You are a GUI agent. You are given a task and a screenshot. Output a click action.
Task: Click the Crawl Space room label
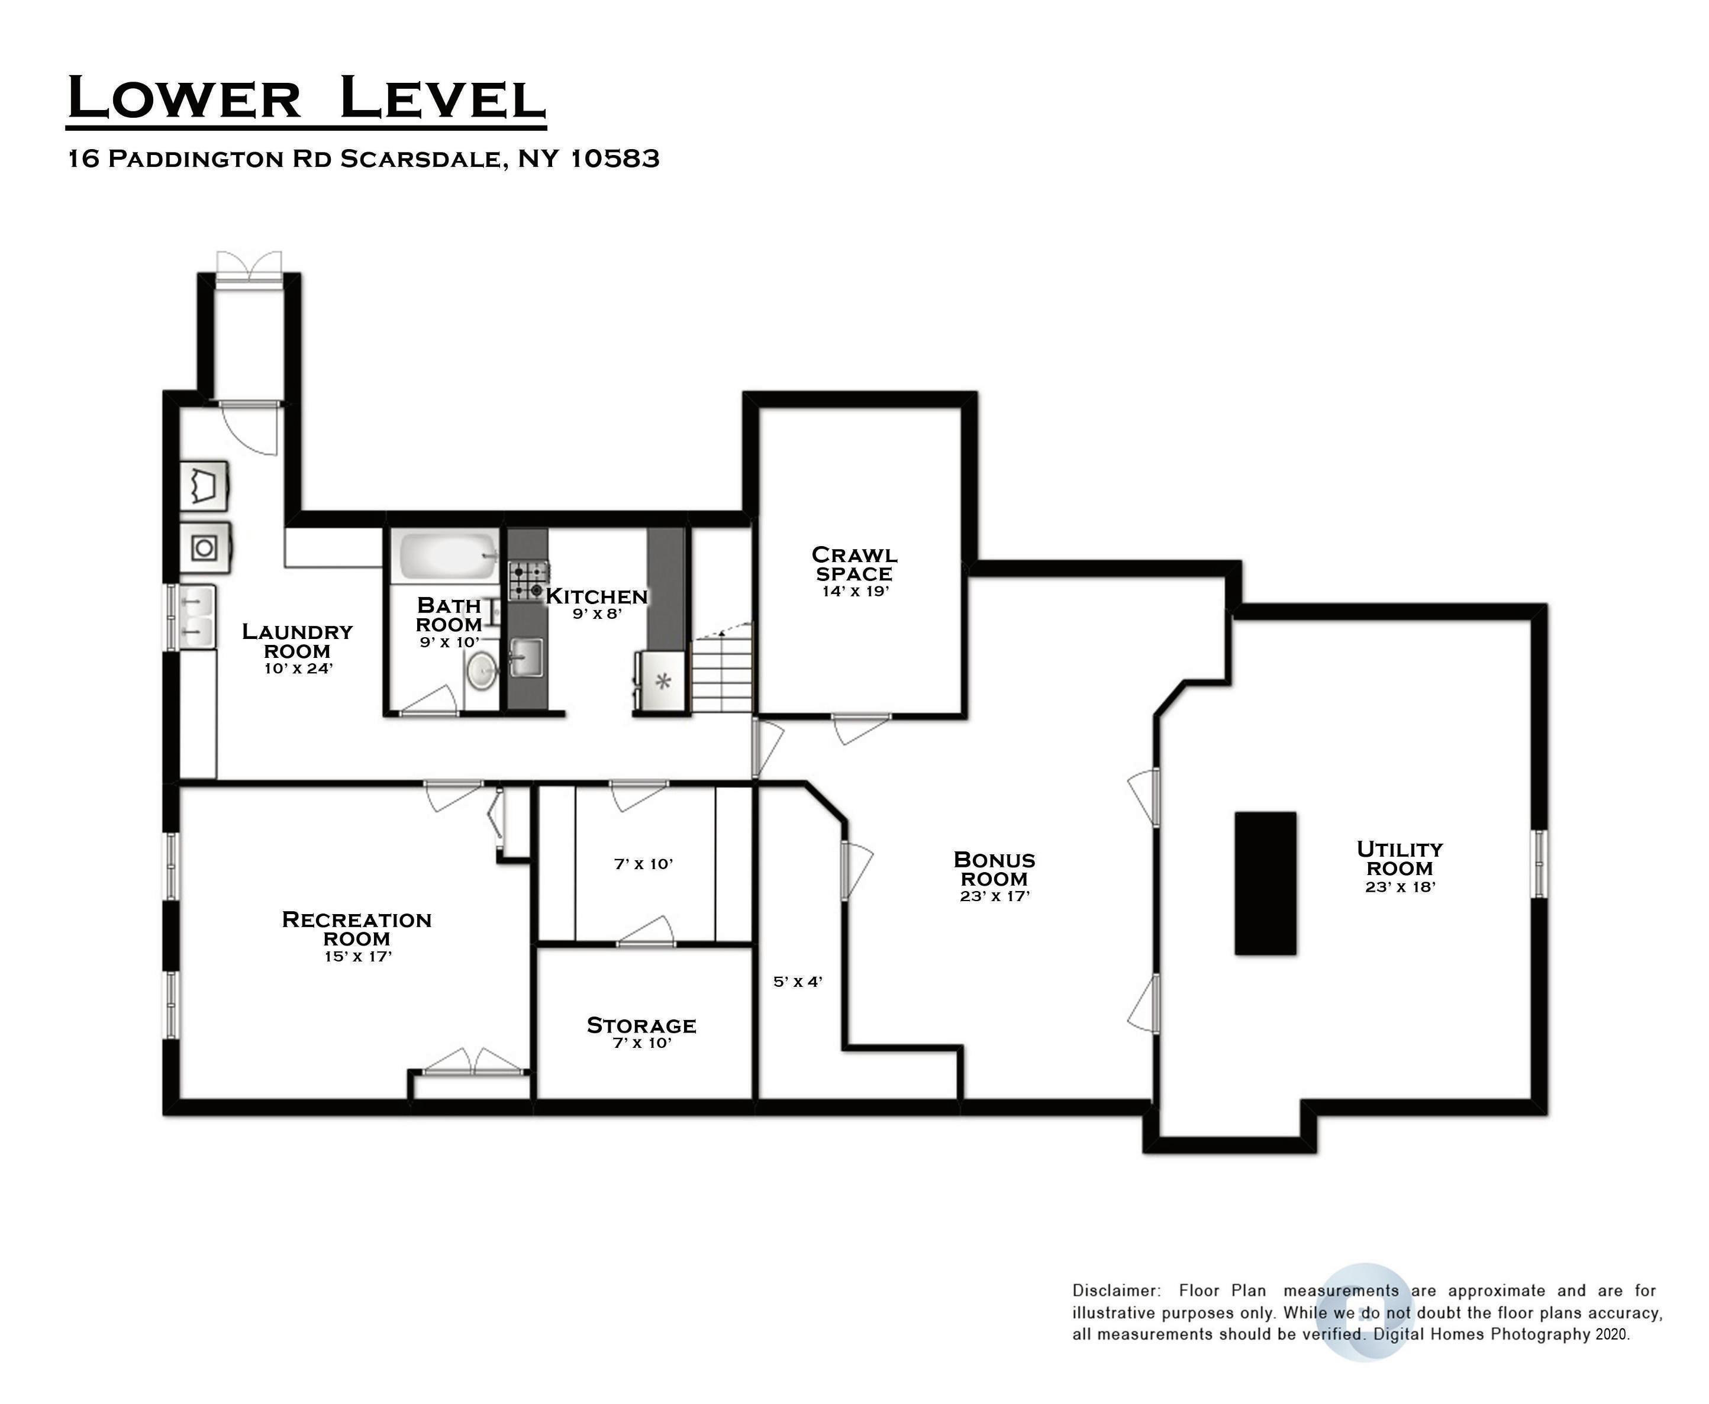click(x=854, y=564)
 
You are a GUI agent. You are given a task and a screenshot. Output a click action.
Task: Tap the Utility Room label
click(x=1400, y=858)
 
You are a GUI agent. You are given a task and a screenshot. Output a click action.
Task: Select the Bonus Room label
click(x=994, y=869)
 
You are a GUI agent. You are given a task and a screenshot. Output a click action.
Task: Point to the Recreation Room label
click(x=357, y=928)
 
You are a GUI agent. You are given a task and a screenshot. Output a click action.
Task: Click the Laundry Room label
click(x=298, y=641)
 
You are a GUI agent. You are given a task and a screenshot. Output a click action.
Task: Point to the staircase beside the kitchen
click(x=721, y=670)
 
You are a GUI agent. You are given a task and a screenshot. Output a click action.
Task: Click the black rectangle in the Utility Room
click(x=1265, y=883)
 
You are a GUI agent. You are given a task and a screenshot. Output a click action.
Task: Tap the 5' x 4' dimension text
click(x=798, y=982)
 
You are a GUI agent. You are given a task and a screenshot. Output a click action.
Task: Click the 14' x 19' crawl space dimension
click(x=854, y=591)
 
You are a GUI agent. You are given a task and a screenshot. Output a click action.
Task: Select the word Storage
click(x=641, y=1025)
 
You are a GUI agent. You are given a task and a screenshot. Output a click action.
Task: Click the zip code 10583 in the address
click(x=615, y=159)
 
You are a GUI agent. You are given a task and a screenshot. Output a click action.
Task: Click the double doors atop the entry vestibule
click(x=249, y=267)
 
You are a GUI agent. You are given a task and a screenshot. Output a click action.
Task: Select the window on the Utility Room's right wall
click(x=1540, y=863)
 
